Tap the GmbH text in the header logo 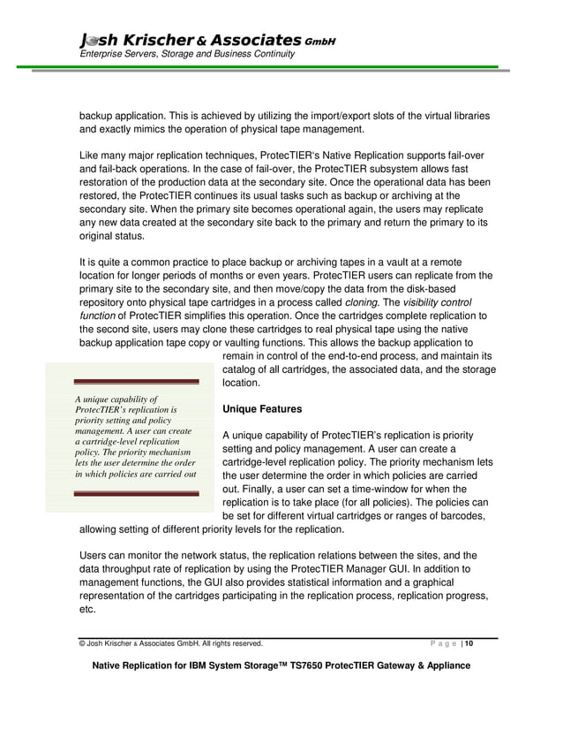(x=319, y=42)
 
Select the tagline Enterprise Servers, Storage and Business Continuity (x=187, y=55)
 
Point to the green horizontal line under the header (x=281, y=66)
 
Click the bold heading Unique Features (x=262, y=410)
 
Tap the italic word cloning (x=361, y=302)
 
